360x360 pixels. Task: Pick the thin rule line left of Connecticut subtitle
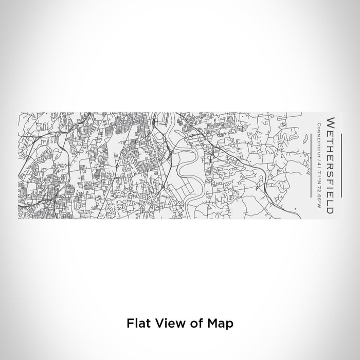[x=312, y=158]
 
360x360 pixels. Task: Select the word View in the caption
[x=169, y=324]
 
